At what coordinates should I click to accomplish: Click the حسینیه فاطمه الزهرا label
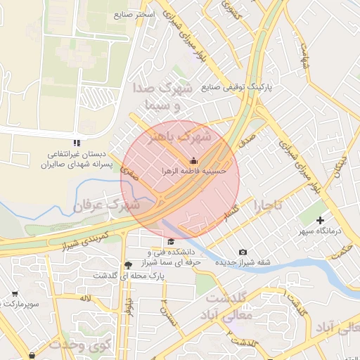point(194,170)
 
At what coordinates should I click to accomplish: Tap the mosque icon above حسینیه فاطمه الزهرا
point(194,160)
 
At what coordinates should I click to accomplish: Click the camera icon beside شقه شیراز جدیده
point(243,252)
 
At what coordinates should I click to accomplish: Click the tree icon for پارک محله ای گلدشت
point(127,265)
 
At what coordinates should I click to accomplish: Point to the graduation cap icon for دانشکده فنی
point(171,242)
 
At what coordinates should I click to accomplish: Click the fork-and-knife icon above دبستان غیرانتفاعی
point(77,143)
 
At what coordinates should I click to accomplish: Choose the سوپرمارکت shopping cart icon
point(15,294)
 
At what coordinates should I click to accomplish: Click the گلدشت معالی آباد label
point(226,307)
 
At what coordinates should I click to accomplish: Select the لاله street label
point(85,298)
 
